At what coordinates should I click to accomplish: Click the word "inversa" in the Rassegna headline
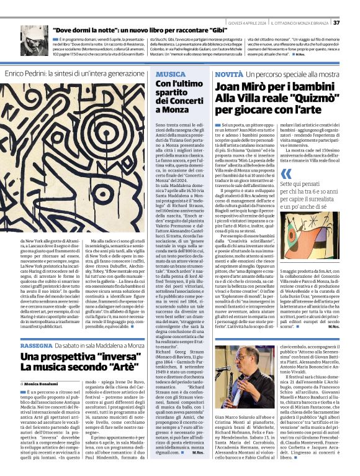(109, 357)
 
